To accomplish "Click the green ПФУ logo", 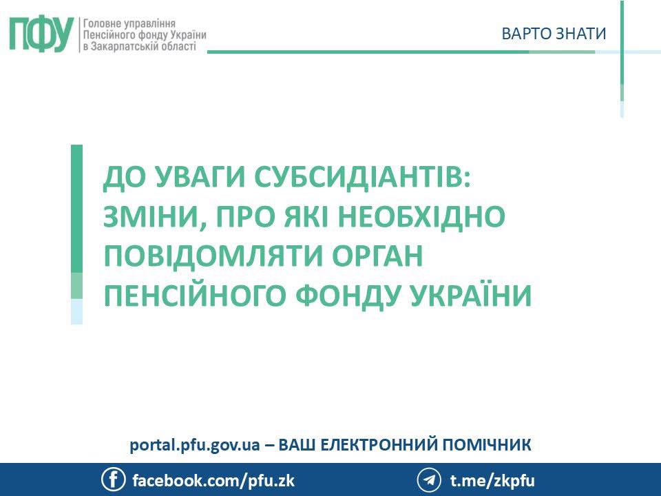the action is point(41,34).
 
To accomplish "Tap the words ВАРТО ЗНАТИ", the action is point(554,34).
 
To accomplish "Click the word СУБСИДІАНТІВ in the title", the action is point(362,177).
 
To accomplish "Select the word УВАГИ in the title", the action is point(200,177).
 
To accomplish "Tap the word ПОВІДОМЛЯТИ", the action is point(213,256).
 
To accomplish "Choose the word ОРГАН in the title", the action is point(377,255).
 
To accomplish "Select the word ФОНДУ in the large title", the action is point(347,296).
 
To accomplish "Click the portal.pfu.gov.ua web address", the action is point(194,445).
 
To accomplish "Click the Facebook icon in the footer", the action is point(113,479).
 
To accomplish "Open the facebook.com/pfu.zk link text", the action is point(213,481).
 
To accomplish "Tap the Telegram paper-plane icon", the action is point(429,480).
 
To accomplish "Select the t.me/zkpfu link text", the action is point(492,481).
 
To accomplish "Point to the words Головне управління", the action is point(129,23).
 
